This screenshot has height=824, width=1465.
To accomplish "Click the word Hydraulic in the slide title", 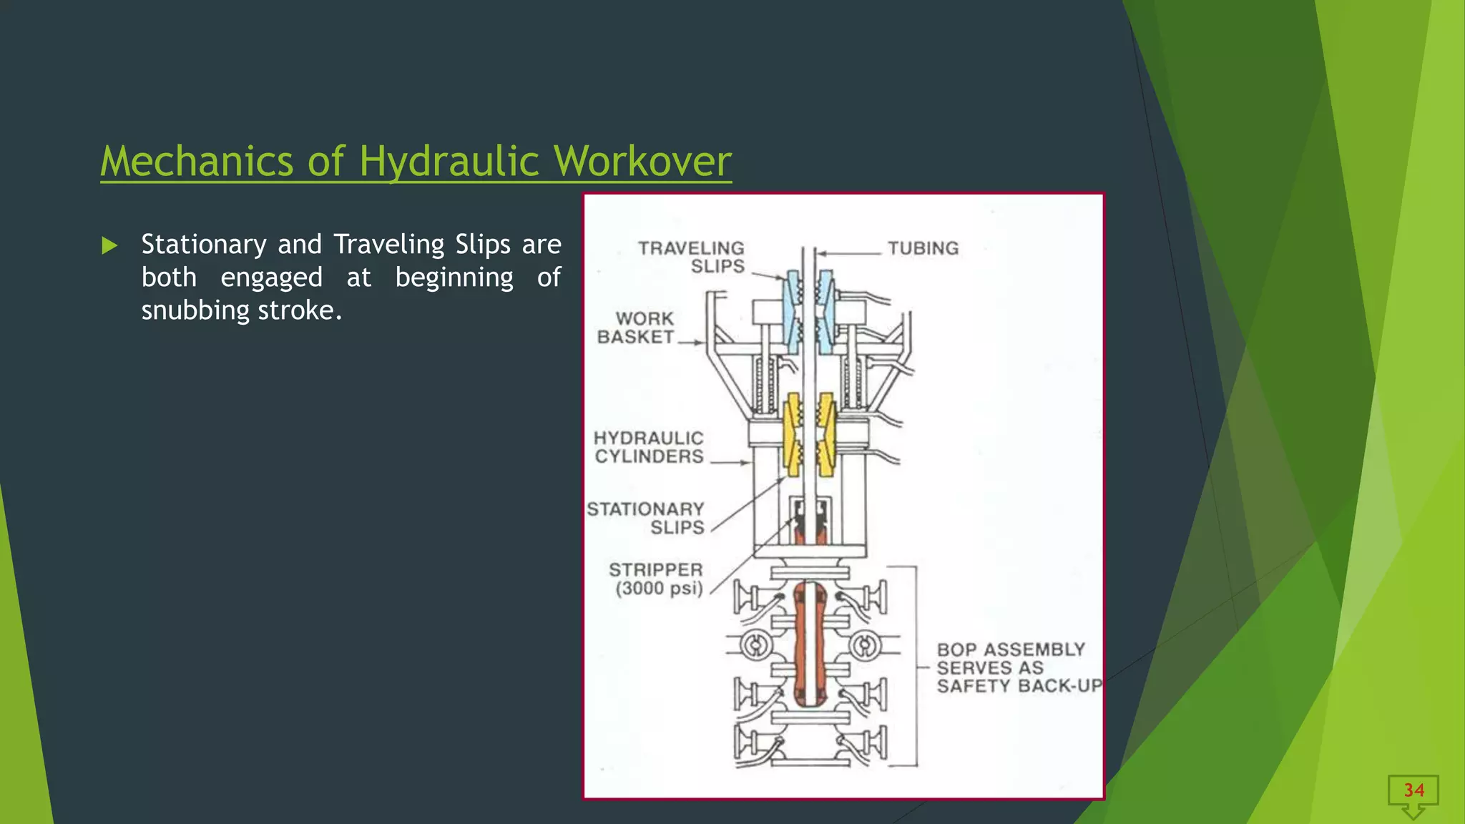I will coord(449,162).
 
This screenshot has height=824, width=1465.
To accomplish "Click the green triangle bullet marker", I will coord(109,246).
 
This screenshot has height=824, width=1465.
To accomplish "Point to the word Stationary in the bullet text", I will coord(204,245).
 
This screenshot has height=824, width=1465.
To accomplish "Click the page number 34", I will coord(1413,790).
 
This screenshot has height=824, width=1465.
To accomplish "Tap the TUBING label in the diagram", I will coord(923,248).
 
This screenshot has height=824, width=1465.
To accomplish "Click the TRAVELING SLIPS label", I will coord(692,257).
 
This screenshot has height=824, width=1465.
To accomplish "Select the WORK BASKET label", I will coord(636,328).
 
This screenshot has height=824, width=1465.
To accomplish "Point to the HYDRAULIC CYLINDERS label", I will coord(649,447).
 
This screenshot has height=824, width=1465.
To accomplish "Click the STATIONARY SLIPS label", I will coord(646,518).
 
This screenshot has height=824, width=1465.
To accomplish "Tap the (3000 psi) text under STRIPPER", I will coord(659,589).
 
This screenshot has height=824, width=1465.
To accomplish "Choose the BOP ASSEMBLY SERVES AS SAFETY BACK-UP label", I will coord(1016,667).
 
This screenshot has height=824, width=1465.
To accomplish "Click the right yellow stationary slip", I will coord(826,433).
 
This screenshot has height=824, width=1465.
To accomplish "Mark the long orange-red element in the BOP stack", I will coord(809,644).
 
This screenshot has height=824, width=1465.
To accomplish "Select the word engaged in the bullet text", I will coord(271,278).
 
